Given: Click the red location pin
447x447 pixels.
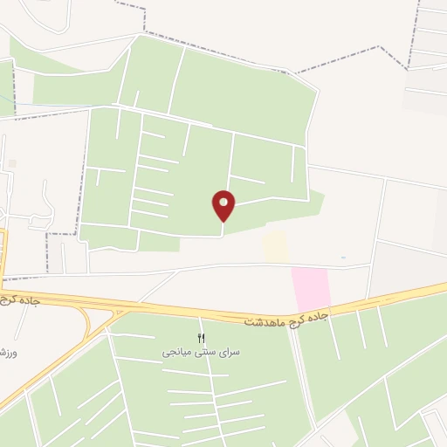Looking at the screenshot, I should tap(223, 205).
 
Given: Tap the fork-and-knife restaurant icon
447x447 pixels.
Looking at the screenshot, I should tap(202, 338).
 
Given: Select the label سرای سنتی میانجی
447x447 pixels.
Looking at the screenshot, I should tap(201, 352).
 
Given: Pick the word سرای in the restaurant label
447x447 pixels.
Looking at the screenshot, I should tap(227, 352).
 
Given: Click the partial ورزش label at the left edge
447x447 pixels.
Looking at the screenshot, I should tap(6, 354).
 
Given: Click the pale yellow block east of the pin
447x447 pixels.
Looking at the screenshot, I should tap(276, 245).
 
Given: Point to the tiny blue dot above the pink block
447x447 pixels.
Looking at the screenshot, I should tap(343, 258).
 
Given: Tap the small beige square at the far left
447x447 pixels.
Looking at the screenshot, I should tap(11, 163).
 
